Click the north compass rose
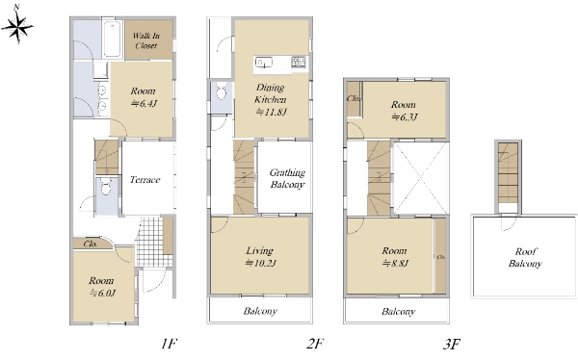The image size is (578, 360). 17,27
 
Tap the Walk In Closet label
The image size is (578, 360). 146,40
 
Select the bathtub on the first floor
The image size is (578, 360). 112,39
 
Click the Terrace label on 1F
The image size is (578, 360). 144,180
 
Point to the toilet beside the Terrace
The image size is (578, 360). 106,187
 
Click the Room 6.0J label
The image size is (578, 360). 102,287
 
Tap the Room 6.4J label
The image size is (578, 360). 143,97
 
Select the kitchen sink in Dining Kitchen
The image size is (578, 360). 264,63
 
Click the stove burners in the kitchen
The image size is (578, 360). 299,62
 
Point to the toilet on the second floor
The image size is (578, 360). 222,91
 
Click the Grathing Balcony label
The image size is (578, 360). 287,178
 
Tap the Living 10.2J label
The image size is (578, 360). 261,257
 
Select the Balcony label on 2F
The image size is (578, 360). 260,311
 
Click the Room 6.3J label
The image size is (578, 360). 404,111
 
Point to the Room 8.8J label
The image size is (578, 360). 395,257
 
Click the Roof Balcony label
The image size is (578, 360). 525,258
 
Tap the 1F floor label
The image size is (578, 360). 170,345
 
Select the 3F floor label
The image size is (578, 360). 452,345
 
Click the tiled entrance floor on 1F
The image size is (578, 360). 149,243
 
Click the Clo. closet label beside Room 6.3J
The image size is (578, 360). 354,99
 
